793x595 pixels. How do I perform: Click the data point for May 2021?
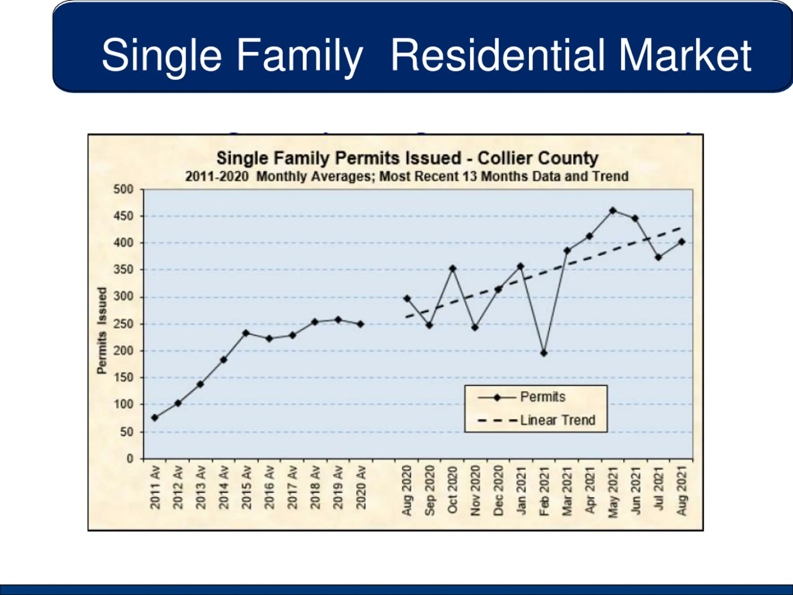click(x=613, y=210)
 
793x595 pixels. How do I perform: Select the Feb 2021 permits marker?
click(x=544, y=353)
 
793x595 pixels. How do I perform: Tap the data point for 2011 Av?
click(x=155, y=417)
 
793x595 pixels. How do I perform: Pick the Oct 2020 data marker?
click(x=453, y=268)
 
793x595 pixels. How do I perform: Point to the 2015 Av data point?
click(x=246, y=333)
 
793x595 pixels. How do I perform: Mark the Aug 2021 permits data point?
click(x=681, y=242)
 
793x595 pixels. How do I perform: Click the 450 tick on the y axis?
click(x=123, y=216)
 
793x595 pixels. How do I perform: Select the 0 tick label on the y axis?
click(x=129, y=459)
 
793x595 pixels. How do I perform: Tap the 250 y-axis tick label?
click(x=123, y=324)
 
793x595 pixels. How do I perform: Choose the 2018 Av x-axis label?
click(x=315, y=488)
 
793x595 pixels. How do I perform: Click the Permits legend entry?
click(x=542, y=397)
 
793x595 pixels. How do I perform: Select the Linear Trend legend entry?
click(x=558, y=420)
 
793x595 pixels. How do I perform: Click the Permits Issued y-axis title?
click(x=102, y=330)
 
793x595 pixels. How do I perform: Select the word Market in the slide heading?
click(x=685, y=55)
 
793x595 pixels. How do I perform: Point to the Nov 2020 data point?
click(x=475, y=328)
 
